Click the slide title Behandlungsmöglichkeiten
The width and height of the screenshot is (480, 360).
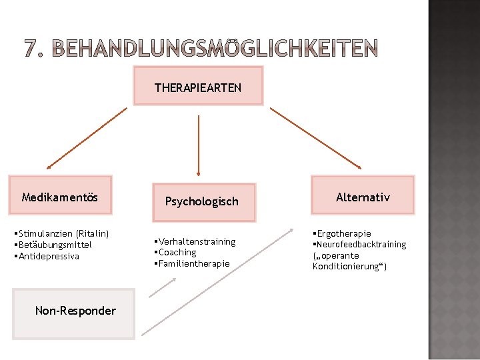pos(201,48)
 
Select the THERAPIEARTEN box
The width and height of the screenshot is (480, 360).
pos(198,87)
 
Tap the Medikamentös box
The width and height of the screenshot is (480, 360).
pos(60,197)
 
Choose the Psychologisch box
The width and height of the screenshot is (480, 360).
pos(201,201)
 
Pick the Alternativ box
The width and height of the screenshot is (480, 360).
pos(363,197)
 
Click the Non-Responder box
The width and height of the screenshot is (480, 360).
pos(75,311)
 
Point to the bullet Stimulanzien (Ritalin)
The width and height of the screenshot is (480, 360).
pos(61,233)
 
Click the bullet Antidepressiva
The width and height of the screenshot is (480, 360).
pos(48,256)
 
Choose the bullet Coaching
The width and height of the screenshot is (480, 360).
pos(177,252)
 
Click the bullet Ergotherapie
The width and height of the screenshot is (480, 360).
pos(343,233)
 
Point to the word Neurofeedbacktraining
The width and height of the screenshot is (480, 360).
pos(361,245)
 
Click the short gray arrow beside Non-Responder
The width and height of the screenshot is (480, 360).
pos(163,286)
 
